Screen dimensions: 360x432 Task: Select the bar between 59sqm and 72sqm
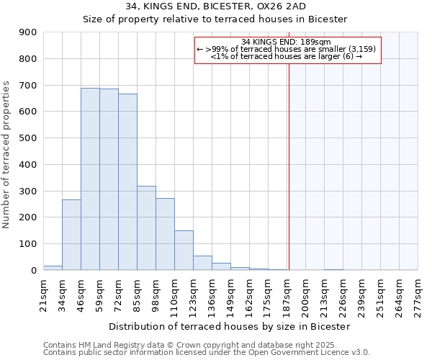[x=109, y=179]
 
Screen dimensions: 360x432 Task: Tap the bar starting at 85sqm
[x=146, y=228]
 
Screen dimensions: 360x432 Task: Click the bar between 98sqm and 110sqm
[x=165, y=234]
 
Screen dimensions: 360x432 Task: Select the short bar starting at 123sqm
[x=202, y=263]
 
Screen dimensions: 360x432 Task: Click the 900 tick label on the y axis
[x=27, y=32]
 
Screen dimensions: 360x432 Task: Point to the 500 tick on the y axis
[x=27, y=138]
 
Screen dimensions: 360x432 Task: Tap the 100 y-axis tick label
[x=27, y=244]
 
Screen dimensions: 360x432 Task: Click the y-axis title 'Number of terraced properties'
[x=6, y=154]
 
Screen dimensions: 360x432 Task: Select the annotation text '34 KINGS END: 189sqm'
[x=286, y=42]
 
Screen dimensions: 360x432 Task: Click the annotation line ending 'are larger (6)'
[x=286, y=57]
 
